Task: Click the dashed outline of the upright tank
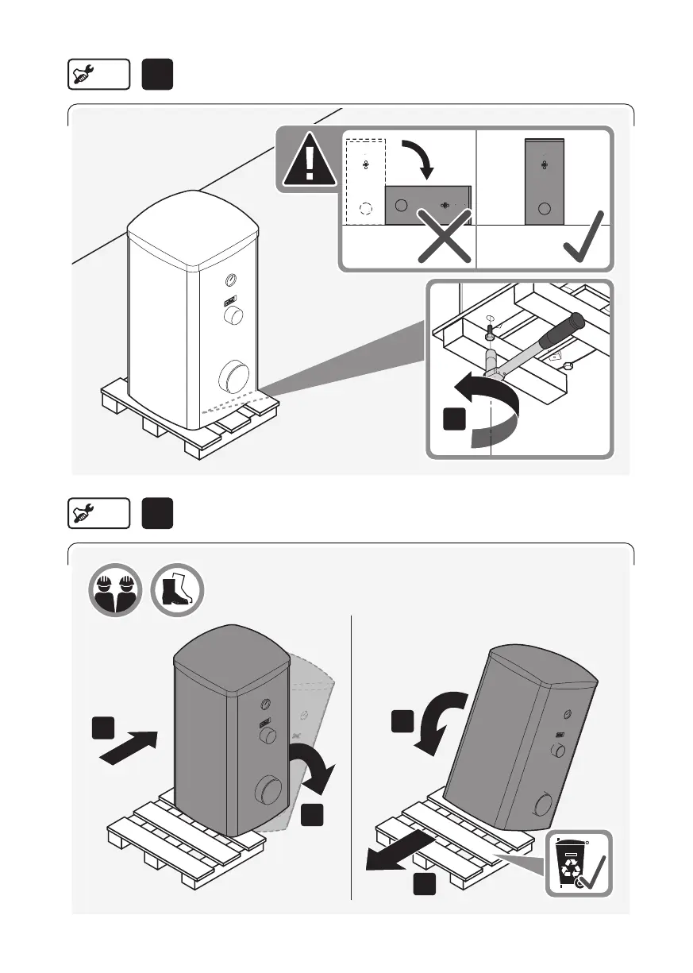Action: [365, 182]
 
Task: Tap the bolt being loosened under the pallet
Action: [491, 326]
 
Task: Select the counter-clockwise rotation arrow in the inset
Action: [484, 405]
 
